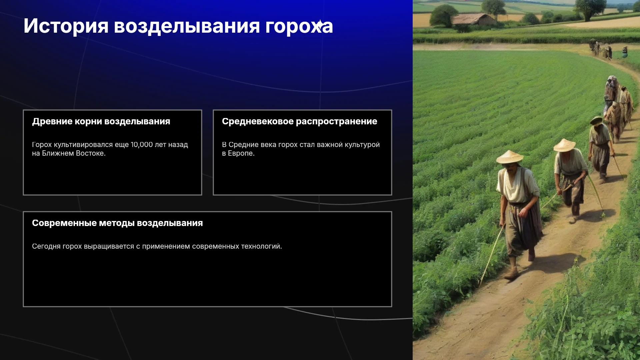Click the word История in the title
point(66,26)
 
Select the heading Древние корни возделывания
point(101,121)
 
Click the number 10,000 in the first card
point(142,145)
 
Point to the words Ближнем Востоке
point(74,153)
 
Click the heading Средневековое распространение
point(299,121)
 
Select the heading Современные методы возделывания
point(117,223)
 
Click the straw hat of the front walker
point(509,157)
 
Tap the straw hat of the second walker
point(564,145)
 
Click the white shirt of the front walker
point(517,185)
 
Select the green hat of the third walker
point(596,120)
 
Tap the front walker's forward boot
point(511,274)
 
